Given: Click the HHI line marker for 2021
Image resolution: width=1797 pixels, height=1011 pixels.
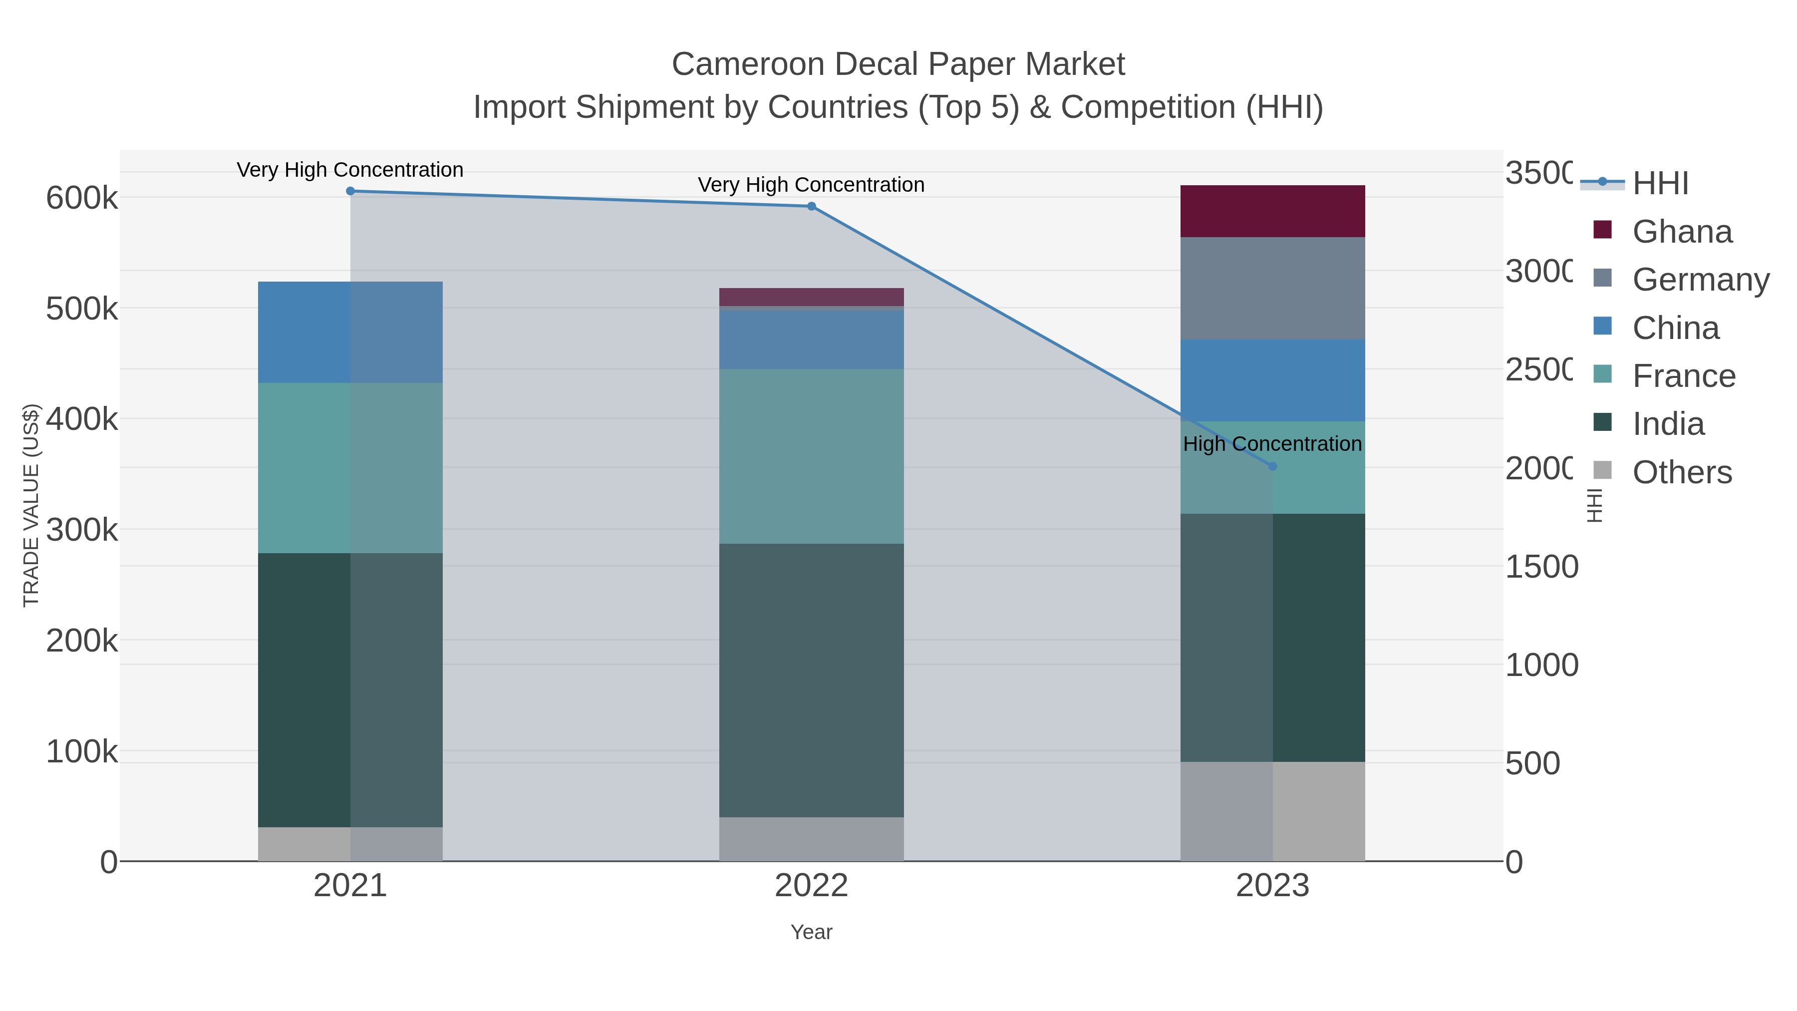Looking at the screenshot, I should (350, 191).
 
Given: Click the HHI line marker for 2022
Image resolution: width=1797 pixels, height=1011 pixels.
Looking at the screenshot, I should (811, 207).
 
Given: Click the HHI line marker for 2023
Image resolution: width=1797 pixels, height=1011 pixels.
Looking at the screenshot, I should (1272, 467).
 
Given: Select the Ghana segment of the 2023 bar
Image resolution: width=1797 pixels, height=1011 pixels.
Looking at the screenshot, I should (1272, 211).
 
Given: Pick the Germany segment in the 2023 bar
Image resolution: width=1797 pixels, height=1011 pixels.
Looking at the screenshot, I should (1272, 289).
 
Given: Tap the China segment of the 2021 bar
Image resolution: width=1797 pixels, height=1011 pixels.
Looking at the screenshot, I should (350, 332).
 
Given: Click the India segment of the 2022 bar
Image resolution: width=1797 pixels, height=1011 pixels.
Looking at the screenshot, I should (811, 680).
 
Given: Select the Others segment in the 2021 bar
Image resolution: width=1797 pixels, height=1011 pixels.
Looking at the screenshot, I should (350, 844).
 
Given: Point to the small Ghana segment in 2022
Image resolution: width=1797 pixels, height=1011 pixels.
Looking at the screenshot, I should (811, 297).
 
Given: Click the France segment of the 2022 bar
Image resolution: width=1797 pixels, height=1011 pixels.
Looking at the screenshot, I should (811, 456).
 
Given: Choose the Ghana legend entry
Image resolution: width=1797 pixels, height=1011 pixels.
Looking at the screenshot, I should (1681, 232).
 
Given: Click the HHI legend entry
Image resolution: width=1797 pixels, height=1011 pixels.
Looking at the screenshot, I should (1660, 184).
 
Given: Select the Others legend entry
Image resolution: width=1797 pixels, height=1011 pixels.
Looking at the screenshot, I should (1681, 472).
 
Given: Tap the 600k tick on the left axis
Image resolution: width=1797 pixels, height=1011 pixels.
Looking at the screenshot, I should (82, 198).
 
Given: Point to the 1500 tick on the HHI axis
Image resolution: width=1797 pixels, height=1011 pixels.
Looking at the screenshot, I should (1541, 567).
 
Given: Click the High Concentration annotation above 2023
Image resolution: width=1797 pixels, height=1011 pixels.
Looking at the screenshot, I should (1272, 444).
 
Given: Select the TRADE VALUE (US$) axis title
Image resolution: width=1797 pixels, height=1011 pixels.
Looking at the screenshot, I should (31, 505).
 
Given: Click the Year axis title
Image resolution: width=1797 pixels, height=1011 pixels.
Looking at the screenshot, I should (811, 932).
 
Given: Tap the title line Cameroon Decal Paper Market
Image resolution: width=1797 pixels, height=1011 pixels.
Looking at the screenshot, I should (898, 64).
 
